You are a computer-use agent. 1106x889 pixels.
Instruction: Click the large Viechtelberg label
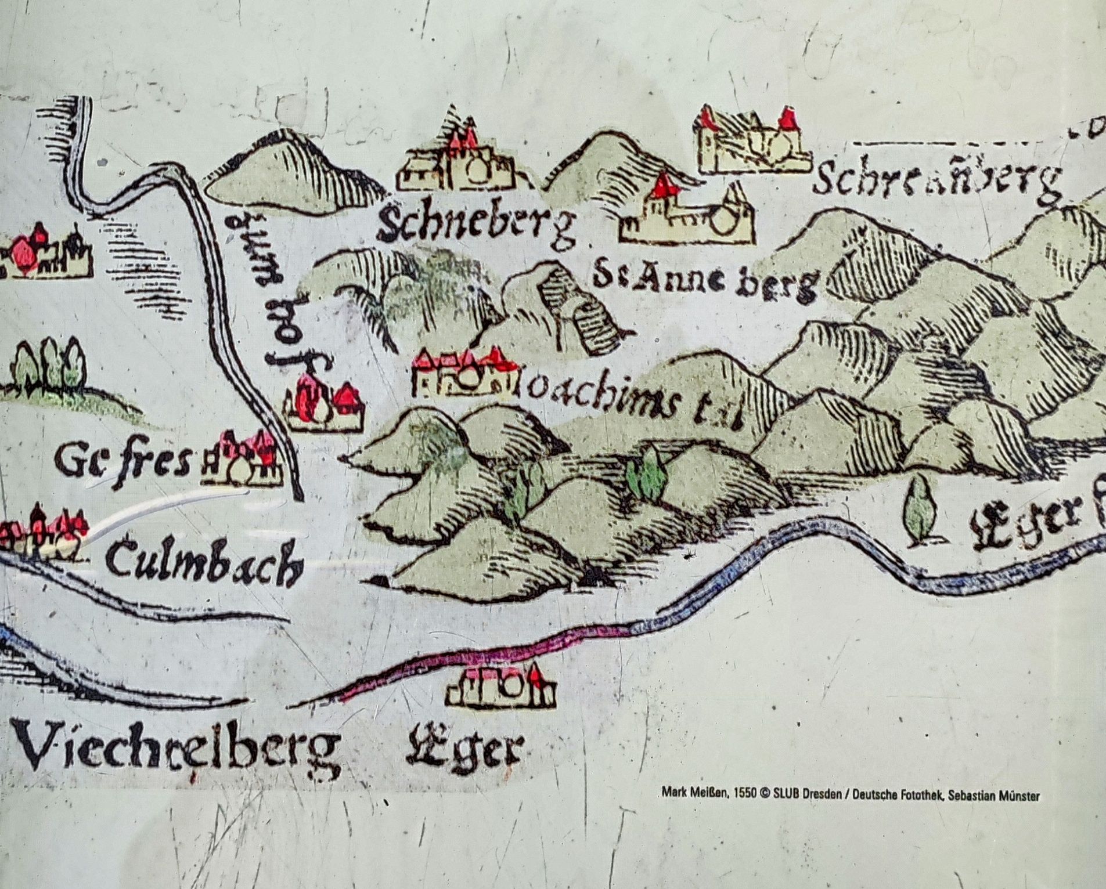(x=177, y=749)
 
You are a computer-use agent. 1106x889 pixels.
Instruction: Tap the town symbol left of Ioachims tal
(x=464, y=374)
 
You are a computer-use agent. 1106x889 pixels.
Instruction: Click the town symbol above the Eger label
(x=501, y=688)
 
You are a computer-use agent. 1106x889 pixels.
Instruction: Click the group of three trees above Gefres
(x=49, y=363)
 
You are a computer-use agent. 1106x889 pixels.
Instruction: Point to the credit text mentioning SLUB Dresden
(x=850, y=796)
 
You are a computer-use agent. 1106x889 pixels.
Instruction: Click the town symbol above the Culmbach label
(x=44, y=531)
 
